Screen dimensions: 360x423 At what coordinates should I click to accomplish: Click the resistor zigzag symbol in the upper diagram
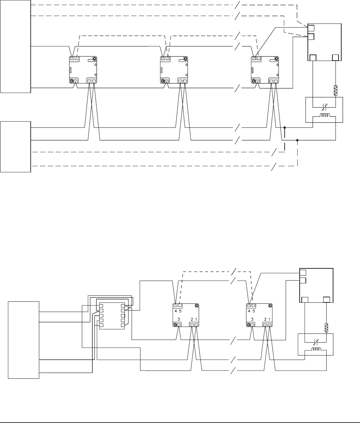point(335,91)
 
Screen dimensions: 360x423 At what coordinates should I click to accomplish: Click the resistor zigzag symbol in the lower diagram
point(326,328)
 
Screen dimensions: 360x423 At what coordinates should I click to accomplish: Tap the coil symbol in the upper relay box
point(325,115)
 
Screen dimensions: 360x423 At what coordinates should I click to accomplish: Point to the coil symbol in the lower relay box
point(317,349)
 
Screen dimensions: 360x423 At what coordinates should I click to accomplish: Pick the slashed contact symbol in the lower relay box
point(316,342)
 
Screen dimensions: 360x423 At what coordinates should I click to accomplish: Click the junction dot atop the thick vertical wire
point(285,127)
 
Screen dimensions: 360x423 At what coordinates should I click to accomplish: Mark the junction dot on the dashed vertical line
point(297,140)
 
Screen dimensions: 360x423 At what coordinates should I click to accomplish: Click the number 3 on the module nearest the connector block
point(179,319)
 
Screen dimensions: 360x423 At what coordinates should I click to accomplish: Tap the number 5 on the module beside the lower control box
point(254,311)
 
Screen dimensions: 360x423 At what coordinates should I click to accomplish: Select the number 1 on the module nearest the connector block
point(196,319)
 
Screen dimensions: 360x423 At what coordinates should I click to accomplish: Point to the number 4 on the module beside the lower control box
point(249,311)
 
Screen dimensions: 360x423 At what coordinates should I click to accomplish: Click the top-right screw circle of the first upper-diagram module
point(94,59)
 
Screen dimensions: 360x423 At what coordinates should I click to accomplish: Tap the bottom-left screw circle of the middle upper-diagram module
point(163,81)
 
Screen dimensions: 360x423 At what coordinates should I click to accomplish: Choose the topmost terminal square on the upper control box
point(311,28)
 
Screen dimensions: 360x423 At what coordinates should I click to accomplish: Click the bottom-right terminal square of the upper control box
point(335,58)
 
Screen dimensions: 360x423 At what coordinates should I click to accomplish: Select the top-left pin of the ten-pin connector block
point(101,306)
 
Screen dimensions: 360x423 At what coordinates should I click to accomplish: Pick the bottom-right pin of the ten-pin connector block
point(123,325)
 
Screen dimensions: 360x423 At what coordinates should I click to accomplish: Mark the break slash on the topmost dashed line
point(237,5)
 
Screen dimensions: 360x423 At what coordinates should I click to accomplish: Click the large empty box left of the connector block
point(24,340)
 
